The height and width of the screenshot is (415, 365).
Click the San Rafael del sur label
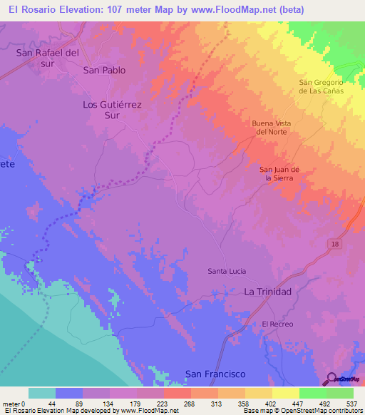click(x=46, y=58)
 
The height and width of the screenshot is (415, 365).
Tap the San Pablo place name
click(x=104, y=71)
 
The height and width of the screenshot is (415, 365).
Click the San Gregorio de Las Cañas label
click(x=321, y=86)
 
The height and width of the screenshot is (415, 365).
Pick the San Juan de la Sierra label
click(x=279, y=173)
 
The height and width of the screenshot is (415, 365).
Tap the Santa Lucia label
click(x=227, y=271)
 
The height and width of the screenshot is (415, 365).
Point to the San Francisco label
click(x=215, y=374)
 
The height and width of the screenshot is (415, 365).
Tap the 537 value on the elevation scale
click(x=353, y=404)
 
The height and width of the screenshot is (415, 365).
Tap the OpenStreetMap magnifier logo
click(x=332, y=379)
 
